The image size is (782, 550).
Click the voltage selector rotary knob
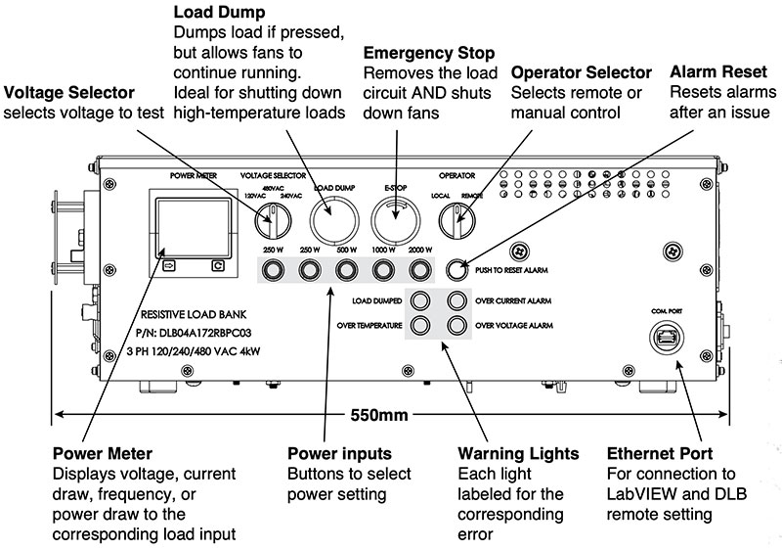pyautogui.click(x=268, y=224)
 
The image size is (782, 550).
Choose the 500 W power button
pyautogui.click(x=346, y=268)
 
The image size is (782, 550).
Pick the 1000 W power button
pyautogui.click(x=383, y=268)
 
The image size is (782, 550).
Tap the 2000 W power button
pyautogui.click(x=421, y=268)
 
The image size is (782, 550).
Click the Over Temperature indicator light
pyautogui.click(x=421, y=325)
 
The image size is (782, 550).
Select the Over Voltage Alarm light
pyautogui.click(x=457, y=325)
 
